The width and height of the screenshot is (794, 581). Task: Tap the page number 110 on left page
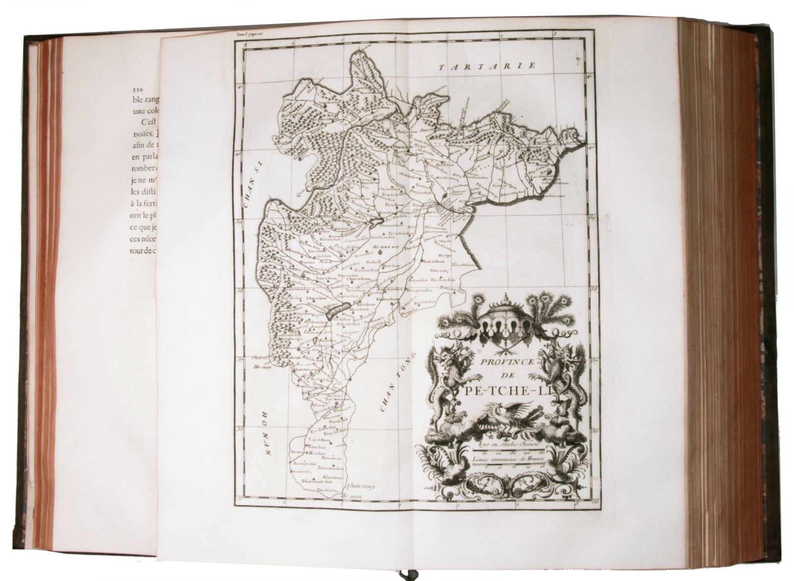(136, 90)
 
